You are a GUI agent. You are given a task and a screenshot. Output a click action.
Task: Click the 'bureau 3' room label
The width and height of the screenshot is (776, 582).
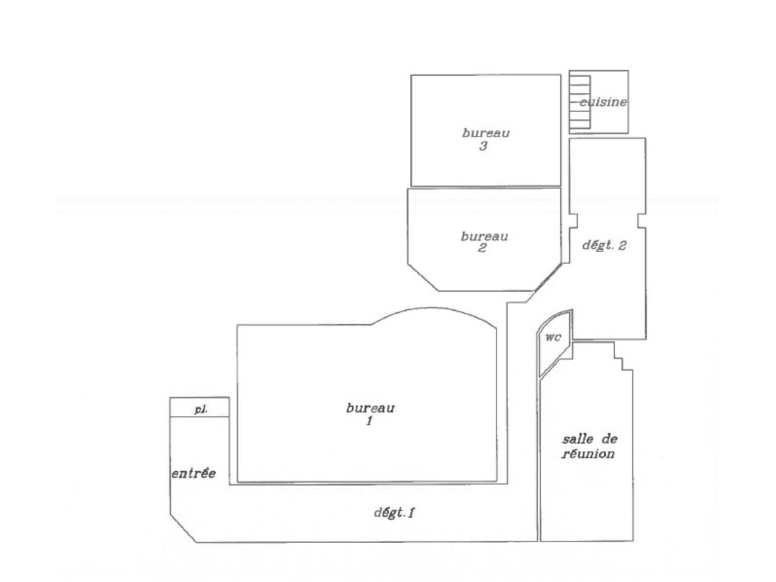click(485, 139)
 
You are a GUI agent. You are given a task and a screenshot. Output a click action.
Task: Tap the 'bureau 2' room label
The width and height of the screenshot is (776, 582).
click(484, 242)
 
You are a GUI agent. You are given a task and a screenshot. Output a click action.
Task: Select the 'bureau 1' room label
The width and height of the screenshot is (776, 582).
click(370, 413)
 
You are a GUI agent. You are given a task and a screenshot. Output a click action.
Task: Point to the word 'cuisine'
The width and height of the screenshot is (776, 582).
click(603, 102)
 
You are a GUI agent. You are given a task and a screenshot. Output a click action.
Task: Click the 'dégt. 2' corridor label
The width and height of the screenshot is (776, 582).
click(604, 246)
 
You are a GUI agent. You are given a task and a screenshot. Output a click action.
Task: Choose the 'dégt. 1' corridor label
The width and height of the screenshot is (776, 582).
click(393, 512)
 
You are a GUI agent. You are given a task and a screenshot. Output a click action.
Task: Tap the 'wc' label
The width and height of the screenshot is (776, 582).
click(553, 338)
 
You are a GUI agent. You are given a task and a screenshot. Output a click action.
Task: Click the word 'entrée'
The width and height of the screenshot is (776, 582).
click(193, 473)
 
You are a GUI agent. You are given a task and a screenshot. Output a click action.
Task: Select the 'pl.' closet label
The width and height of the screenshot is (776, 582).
click(201, 410)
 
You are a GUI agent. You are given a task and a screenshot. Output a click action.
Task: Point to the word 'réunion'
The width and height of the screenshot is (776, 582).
click(588, 453)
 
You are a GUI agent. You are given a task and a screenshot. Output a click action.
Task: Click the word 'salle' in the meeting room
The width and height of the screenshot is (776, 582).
click(574, 439)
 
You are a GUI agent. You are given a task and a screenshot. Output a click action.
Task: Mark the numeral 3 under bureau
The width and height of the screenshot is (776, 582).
click(483, 146)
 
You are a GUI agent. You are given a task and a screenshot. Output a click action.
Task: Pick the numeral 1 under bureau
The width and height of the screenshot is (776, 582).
click(369, 421)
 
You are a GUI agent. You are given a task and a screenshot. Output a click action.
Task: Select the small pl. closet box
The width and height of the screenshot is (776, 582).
click(199, 407)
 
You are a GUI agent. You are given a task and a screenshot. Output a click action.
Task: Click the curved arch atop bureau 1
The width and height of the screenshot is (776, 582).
click(433, 312)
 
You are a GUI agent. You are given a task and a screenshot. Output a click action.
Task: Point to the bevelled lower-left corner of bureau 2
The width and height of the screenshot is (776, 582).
click(423, 277)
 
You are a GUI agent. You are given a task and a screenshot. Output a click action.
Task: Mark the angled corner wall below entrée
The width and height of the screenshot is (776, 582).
click(182, 529)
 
